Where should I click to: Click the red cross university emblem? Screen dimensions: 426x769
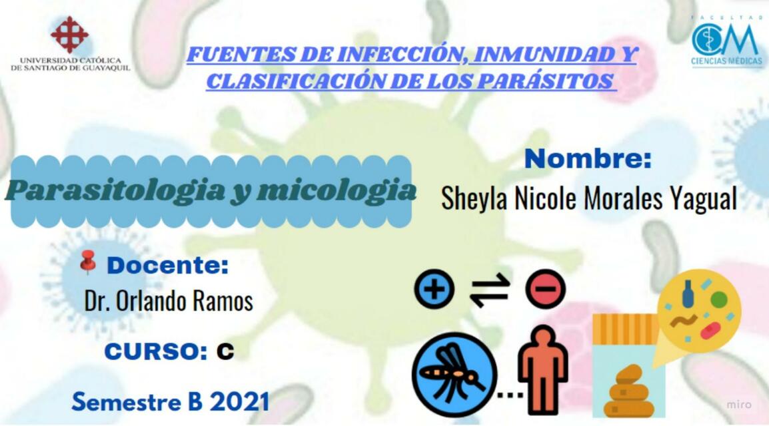[69, 34]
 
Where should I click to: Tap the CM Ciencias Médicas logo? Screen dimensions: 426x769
[726, 41]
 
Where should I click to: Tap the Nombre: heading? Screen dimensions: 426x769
[587, 160]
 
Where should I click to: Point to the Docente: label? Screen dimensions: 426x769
[167, 266]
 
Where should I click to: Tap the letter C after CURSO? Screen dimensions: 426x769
[225, 351]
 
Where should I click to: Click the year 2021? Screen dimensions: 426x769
[239, 401]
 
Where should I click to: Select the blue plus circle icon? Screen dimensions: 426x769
[434, 290]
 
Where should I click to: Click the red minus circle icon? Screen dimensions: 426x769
[545, 290]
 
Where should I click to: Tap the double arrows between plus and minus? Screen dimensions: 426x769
[490, 290]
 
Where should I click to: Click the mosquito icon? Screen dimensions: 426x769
[454, 373]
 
